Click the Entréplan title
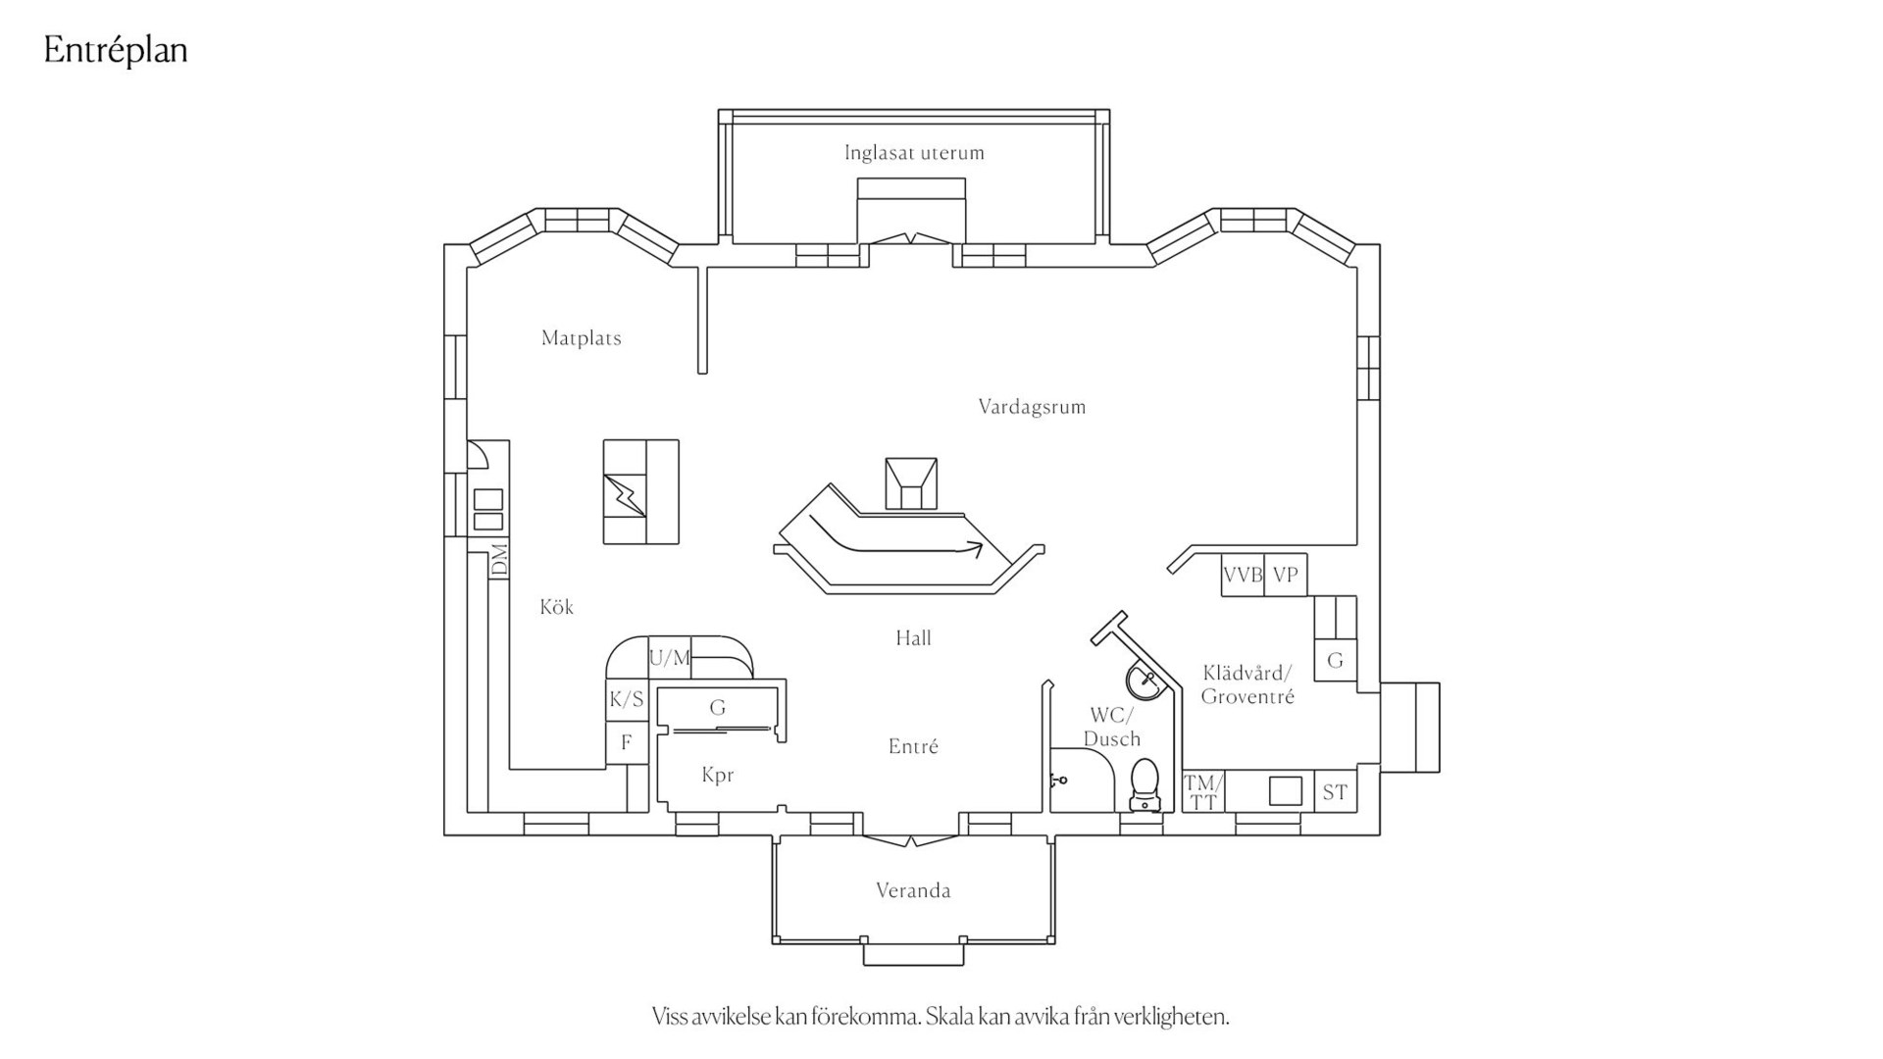pos(116,51)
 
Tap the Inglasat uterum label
pos(914,153)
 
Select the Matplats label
pos(582,338)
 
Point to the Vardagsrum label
pos(1032,407)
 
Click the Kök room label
pos(556,607)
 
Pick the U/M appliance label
pos(670,658)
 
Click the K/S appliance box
pos(627,699)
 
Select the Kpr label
pos(718,776)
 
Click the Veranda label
pos(913,891)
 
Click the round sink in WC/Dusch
pos(1145,680)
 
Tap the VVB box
pos(1243,576)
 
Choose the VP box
pos(1286,576)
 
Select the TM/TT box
pos(1203,791)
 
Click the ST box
pos(1336,791)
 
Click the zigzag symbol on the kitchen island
pos(625,494)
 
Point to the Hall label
pos(913,638)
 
